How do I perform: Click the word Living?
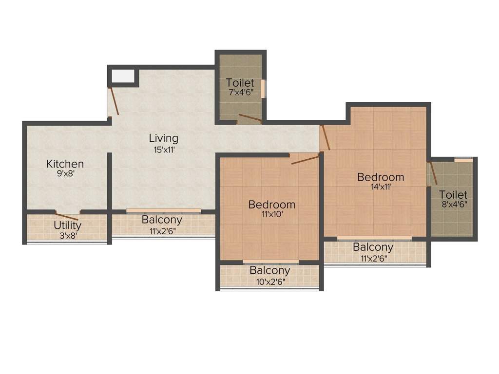(x=164, y=139)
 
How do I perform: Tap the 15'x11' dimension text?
(x=164, y=150)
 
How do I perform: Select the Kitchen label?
(x=65, y=164)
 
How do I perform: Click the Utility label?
(x=67, y=226)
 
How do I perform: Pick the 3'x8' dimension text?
(x=67, y=236)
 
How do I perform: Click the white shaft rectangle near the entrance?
(x=123, y=76)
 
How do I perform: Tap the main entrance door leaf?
(x=114, y=101)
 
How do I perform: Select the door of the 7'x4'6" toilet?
(x=249, y=119)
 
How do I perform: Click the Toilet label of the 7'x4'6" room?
(x=240, y=83)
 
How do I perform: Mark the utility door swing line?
(x=67, y=217)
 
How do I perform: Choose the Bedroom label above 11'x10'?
(x=271, y=205)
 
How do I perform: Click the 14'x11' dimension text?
(x=381, y=186)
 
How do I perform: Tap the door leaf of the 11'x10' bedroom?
(x=306, y=159)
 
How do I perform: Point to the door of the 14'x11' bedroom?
(x=326, y=137)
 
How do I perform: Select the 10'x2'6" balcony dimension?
(x=270, y=281)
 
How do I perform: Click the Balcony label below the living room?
(x=162, y=220)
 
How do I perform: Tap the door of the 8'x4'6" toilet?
(x=432, y=174)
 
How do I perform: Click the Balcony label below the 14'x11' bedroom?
(x=373, y=247)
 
